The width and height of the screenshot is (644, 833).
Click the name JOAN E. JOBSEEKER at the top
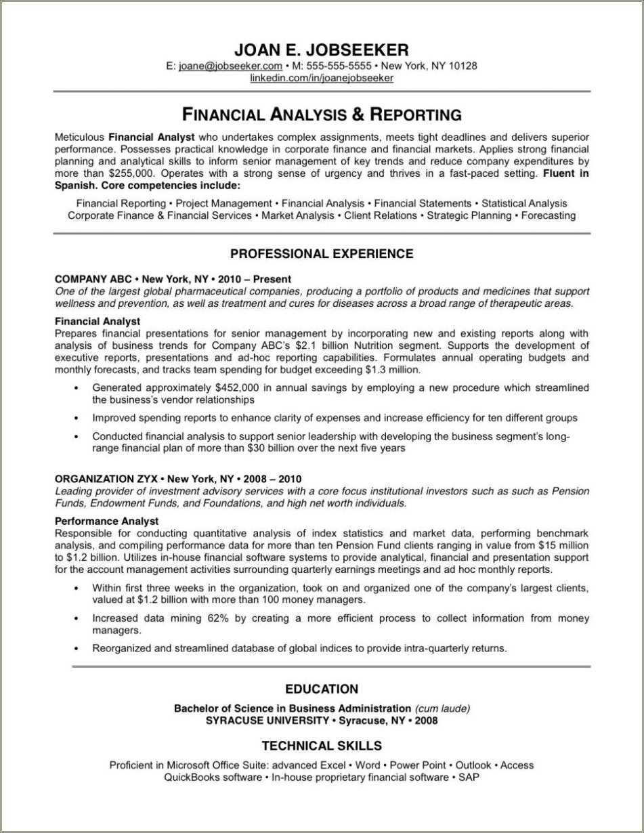tap(322, 49)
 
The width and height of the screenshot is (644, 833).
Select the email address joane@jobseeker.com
tap(230, 66)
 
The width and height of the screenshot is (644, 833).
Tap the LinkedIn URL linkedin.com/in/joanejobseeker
tap(322, 79)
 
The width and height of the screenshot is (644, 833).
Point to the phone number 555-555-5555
tap(339, 66)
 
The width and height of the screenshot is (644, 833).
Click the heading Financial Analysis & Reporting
tap(322, 114)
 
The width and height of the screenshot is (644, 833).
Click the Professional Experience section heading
tap(322, 254)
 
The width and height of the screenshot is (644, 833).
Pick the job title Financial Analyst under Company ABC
tap(98, 321)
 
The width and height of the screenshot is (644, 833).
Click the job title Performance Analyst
tap(106, 521)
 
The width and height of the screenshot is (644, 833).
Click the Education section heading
tap(322, 689)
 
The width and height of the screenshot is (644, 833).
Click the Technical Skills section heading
tap(322, 746)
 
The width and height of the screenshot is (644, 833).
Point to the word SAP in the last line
tap(469, 777)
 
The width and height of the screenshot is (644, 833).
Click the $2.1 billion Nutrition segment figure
tap(312, 345)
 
